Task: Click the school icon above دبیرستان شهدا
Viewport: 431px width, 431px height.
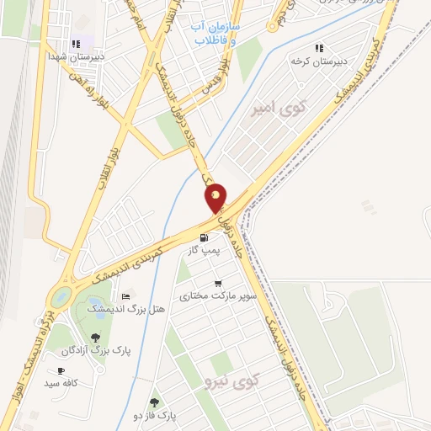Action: coord(77,43)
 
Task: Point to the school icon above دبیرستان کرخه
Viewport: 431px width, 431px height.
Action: coord(318,49)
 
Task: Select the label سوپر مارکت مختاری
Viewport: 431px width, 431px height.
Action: coord(217,296)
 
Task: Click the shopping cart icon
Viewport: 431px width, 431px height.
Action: coord(218,284)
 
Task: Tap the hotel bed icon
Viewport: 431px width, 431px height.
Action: coord(127,296)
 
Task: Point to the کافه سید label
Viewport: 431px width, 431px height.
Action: coord(62,383)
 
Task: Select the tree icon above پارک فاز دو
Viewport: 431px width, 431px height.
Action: coord(153,403)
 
